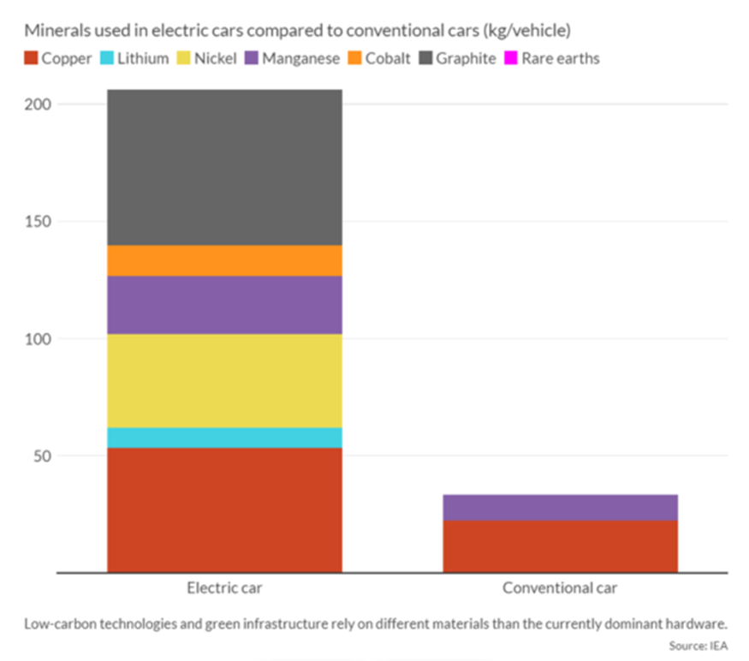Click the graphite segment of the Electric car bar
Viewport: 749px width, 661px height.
[x=224, y=168]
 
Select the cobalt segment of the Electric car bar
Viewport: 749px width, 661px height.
[x=224, y=260]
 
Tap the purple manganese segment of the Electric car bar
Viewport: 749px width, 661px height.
[x=224, y=305]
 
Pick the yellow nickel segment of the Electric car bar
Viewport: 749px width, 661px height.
[x=224, y=381]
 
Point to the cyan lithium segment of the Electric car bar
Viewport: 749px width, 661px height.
[x=224, y=438]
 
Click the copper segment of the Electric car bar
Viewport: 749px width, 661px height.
[x=224, y=509]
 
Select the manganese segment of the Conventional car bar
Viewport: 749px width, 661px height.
[x=560, y=507]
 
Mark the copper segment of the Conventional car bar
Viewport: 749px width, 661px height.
[x=560, y=546]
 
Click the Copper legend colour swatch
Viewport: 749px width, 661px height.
[x=31, y=59]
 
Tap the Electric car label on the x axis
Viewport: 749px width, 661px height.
[x=224, y=589]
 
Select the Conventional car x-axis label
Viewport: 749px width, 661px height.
[x=560, y=589]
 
